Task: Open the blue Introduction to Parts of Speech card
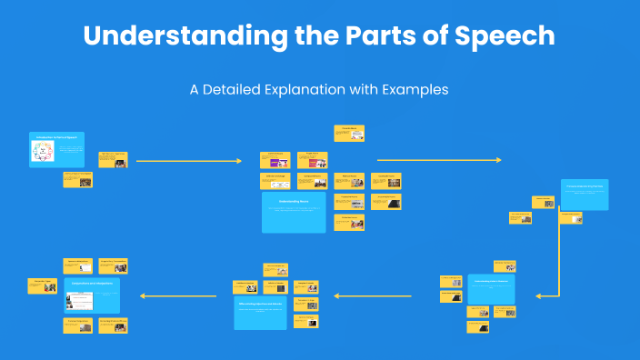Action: (x=56, y=149)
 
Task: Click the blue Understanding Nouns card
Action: (x=294, y=212)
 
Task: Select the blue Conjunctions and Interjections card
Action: (x=91, y=295)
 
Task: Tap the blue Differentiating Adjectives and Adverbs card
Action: (x=274, y=311)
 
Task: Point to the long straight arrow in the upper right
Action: (x=438, y=160)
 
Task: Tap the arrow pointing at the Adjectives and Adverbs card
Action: (x=373, y=295)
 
